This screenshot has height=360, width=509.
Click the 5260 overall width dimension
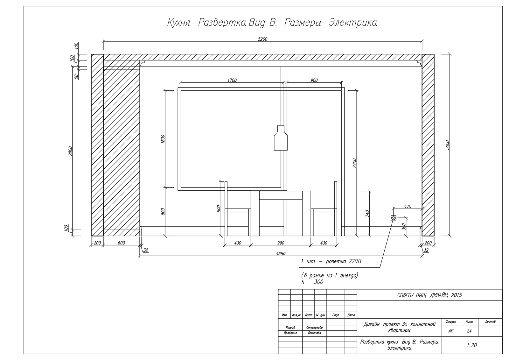[x=262, y=39]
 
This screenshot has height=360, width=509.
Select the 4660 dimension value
[x=281, y=254]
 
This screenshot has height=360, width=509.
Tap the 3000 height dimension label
[x=447, y=145]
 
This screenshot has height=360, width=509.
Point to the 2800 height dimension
[x=70, y=151]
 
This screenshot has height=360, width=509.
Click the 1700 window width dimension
[x=232, y=80]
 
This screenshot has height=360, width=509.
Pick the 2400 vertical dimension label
[x=355, y=163]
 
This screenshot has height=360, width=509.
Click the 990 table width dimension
[x=281, y=243]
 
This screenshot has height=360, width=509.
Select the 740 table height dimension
[x=367, y=213]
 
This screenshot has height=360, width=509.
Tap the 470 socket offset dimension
[x=408, y=207]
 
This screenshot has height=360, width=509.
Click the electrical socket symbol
[x=393, y=218]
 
